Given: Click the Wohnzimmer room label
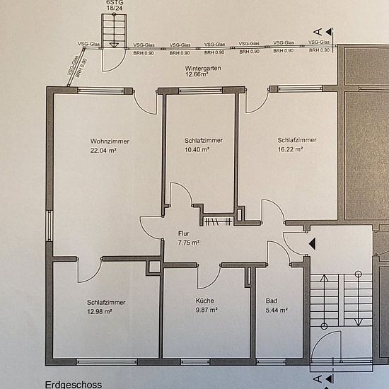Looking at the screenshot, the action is pyautogui.click(x=110, y=141).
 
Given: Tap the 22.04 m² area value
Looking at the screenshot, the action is pyautogui.click(x=103, y=151).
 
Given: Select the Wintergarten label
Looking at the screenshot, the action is pyautogui.click(x=203, y=68).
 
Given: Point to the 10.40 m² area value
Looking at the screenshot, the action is pyautogui.click(x=197, y=150).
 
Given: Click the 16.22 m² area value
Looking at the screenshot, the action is pyautogui.click(x=290, y=149).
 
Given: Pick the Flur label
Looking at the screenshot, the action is pyautogui.click(x=184, y=233).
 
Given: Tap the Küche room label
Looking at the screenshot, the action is pyautogui.click(x=204, y=301).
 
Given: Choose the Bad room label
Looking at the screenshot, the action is pyautogui.click(x=271, y=301).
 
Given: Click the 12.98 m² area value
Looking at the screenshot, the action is pyautogui.click(x=99, y=311).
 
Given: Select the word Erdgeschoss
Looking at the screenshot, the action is pyautogui.click(x=74, y=385).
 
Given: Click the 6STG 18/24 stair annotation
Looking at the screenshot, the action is pyautogui.click(x=115, y=5).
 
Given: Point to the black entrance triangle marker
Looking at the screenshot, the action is pyautogui.click(x=313, y=243).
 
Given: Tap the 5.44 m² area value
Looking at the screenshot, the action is pyautogui.click(x=277, y=310).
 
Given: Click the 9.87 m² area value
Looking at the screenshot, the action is pyautogui.click(x=207, y=310).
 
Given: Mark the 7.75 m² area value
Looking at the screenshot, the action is pyautogui.click(x=189, y=243).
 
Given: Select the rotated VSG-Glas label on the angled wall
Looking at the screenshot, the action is pyautogui.click(x=73, y=65).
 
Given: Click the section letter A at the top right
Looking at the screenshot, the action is pyautogui.click(x=318, y=32).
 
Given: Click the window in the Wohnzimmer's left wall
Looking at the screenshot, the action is pyautogui.click(x=50, y=226).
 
